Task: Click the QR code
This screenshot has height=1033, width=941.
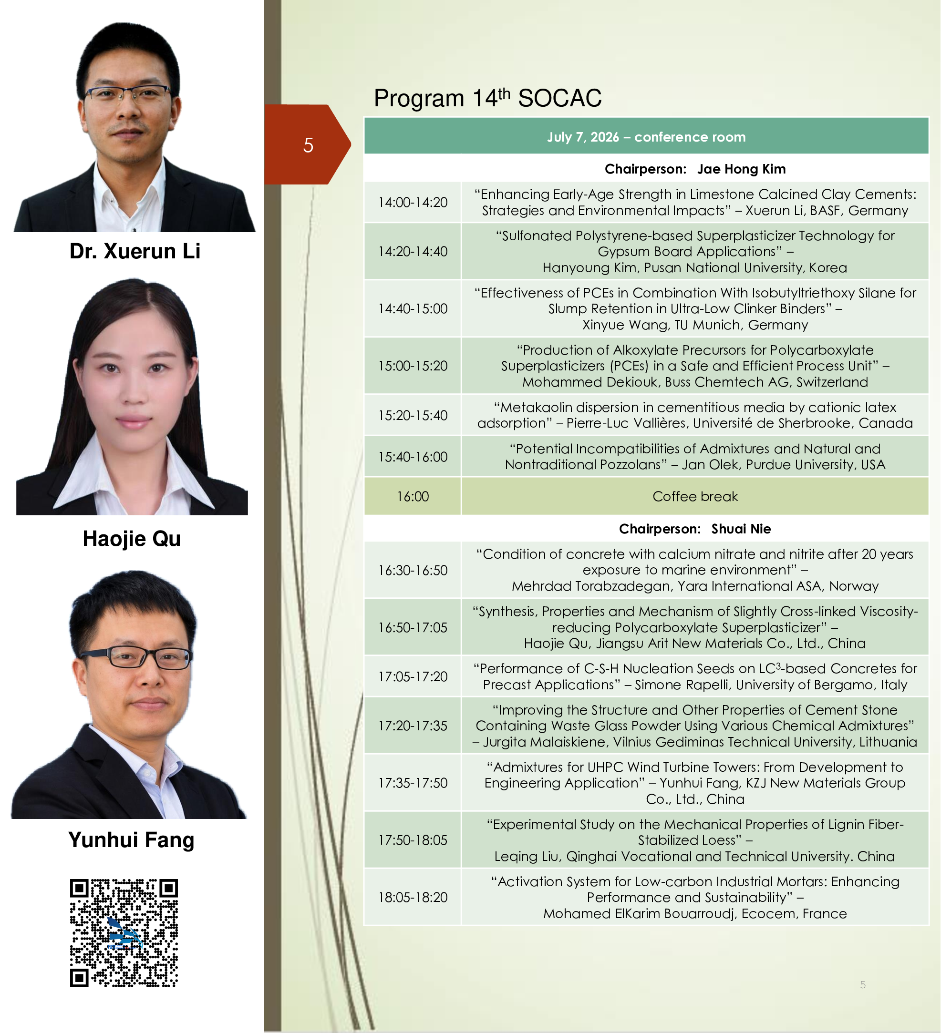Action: click(124, 932)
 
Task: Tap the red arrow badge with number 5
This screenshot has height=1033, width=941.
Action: click(308, 144)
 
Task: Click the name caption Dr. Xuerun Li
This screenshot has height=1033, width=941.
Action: click(135, 251)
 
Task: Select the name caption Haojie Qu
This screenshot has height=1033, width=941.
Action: click(132, 539)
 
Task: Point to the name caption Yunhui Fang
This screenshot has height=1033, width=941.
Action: click(131, 840)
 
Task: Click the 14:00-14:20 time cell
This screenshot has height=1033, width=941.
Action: click(413, 203)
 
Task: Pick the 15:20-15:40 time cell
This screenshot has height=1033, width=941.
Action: click(413, 415)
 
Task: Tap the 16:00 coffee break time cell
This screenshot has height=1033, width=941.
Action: click(413, 496)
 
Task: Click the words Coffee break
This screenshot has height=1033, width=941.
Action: click(695, 496)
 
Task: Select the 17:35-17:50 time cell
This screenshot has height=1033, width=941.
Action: click(413, 782)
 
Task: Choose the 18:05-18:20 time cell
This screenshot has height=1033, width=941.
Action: click(413, 897)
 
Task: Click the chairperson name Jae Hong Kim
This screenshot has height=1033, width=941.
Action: click(741, 169)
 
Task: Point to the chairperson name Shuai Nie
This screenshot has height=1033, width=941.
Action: click(741, 528)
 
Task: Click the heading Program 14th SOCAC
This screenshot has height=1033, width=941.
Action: click(487, 97)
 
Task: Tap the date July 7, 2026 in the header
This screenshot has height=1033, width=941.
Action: click(583, 137)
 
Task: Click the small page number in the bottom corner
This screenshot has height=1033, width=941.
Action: click(863, 984)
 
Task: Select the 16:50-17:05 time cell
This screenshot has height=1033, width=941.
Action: click(413, 627)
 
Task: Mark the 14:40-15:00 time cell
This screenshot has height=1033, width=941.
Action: click(413, 308)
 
